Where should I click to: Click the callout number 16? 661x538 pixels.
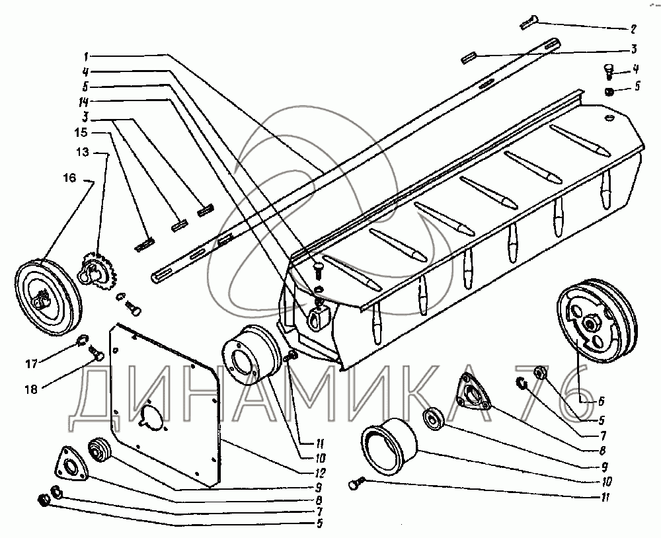click(x=69, y=178)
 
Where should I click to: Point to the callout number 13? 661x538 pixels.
click(x=83, y=152)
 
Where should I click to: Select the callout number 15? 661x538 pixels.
click(x=81, y=132)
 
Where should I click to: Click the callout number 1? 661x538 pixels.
click(x=85, y=56)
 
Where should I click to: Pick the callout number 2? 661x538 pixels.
click(x=633, y=29)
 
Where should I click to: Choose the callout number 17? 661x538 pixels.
click(x=32, y=364)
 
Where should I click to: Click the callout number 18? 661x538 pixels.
click(x=31, y=389)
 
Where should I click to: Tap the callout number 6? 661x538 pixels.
click(x=602, y=401)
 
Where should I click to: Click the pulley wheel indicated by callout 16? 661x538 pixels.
click(x=48, y=297)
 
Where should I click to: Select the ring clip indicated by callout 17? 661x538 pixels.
click(x=82, y=338)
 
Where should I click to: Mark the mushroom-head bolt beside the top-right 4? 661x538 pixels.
click(x=609, y=71)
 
